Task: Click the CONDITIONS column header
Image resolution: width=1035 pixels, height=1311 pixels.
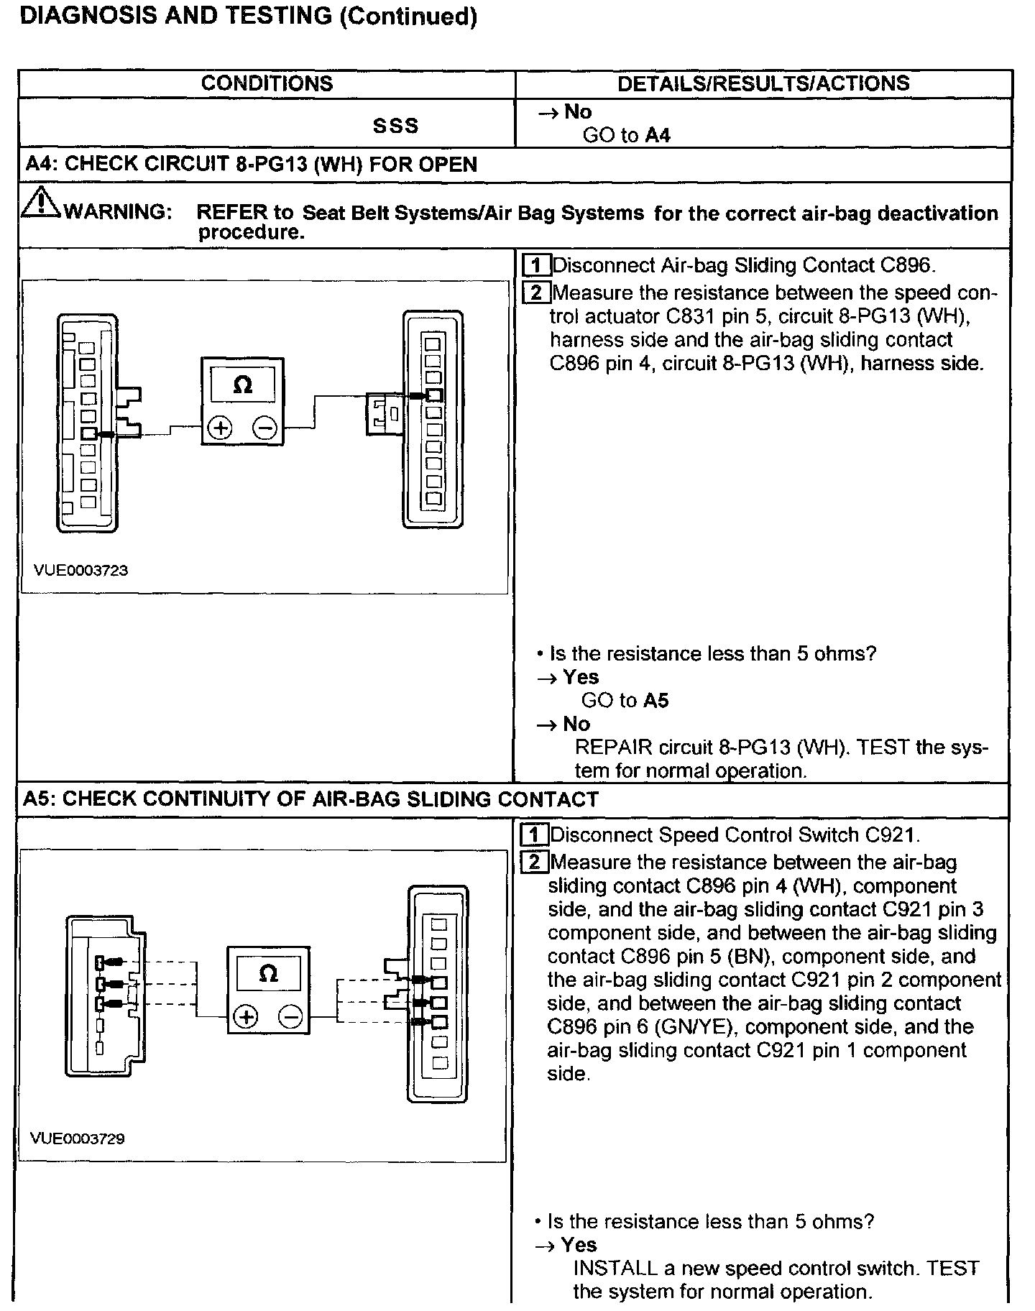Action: coord(267,83)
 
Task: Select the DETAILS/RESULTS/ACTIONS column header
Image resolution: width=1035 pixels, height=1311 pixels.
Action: coord(763,83)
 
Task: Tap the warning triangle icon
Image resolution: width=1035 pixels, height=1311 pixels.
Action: coord(41,202)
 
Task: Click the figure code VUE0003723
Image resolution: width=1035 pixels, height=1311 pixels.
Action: coord(80,570)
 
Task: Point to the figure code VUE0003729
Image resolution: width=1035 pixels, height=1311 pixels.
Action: coord(78,1138)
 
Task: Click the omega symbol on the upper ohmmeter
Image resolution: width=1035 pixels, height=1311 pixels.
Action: coord(243,386)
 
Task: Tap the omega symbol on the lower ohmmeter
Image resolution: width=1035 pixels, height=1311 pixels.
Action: coord(268,974)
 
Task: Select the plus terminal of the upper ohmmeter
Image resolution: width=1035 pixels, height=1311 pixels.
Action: coord(220,429)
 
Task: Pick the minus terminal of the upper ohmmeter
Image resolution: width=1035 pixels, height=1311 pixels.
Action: coord(264,429)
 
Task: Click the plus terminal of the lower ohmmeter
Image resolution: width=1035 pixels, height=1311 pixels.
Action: coord(247,1017)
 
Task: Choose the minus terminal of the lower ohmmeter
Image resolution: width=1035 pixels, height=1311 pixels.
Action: coord(290,1017)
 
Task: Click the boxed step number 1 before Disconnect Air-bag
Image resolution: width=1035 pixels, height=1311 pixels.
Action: coord(536,265)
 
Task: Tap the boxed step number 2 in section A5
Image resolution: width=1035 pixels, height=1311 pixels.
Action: coord(534,862)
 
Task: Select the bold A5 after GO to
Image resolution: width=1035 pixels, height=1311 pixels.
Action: coord(655,700)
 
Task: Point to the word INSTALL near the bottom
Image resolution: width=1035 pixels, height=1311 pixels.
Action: coord(615,1268)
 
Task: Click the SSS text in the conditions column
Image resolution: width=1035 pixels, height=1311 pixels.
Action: coord(395,126)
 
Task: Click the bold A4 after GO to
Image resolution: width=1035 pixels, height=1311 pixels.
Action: coord(658,135)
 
